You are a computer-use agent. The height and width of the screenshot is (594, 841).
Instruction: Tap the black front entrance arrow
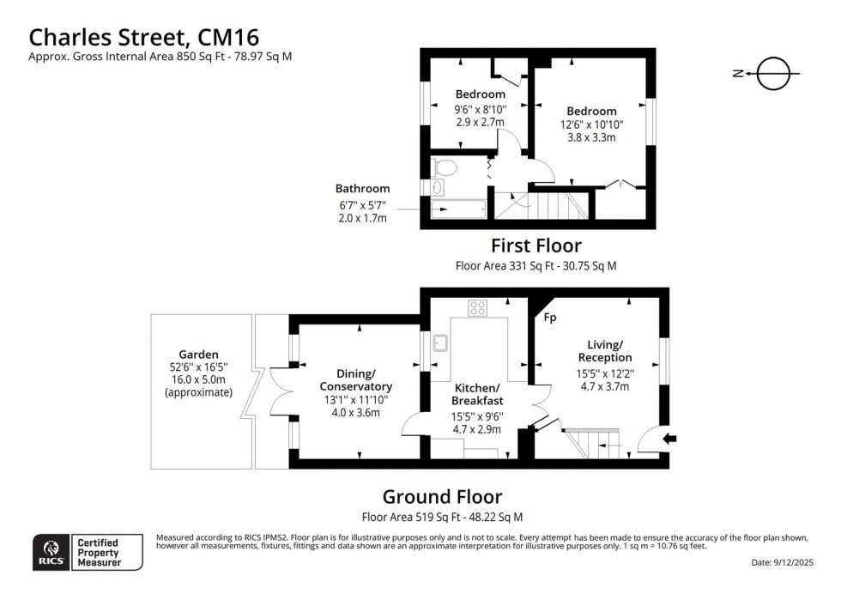pyautogui.click(x=670, y=439)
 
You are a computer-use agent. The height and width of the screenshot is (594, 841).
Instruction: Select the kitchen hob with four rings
pyautogui.click(x=478, y=308)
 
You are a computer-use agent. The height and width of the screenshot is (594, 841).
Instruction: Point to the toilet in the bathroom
pyautogui.click(x=446, y=167)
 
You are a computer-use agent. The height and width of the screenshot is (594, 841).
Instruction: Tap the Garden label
pyautogui.click(x=198, y=354)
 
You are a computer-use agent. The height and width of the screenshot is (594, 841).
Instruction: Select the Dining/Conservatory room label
pyautogui.click(x=348, y=380)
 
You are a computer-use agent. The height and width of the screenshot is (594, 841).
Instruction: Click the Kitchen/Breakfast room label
pyautogui.click(x=478, y=394)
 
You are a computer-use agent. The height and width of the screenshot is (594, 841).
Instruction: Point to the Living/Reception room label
pyautogui.click(x=604, y=351)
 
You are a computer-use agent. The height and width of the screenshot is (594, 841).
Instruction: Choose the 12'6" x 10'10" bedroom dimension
pyautogui.click(x=591, y=124)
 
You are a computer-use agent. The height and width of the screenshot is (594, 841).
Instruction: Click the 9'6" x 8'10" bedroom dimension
pyautogui.click(x=480, y=109)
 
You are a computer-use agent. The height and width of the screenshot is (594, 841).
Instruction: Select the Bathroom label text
pyautogui.click(x=362, y=189)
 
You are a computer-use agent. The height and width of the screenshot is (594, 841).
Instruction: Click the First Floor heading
pyautogui.click(x=535, y=246)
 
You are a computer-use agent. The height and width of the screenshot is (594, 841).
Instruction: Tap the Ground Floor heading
pyautogui.click(x=442, y=496)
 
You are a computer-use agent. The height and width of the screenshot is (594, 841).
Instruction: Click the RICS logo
pyautogui.click(x=51, y=551)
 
